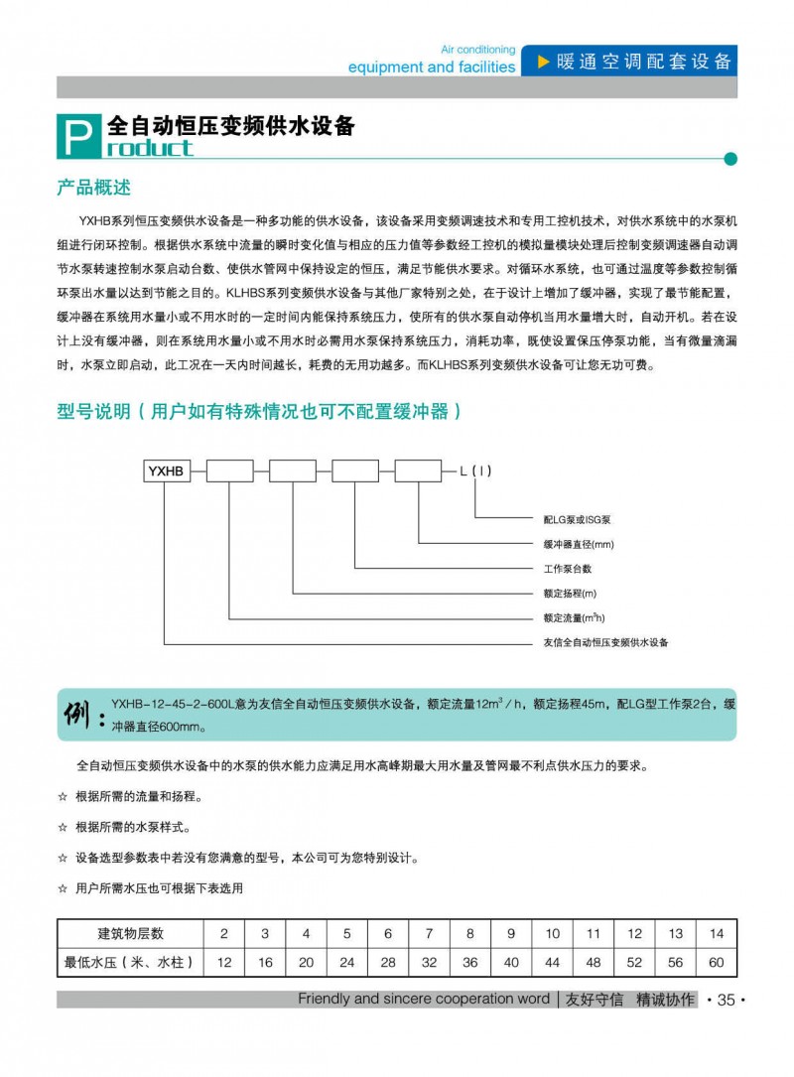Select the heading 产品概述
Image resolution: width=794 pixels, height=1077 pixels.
(x=94, y=188)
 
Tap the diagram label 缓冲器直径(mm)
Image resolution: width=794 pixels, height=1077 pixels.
(x=579, y=544)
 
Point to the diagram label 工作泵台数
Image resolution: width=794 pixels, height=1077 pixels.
(x=567, y=569)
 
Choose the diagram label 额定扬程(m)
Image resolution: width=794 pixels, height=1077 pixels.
(x=570, y=594)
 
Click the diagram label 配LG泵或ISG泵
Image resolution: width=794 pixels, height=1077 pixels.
(x=578, y=519)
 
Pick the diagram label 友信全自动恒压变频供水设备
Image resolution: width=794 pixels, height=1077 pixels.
(x=605, y=642)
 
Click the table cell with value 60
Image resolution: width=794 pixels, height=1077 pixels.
(x=717, y=962)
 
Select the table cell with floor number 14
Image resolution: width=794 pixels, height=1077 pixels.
(x=717, y=933)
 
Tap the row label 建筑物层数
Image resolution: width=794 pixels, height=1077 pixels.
(x=130, y=933)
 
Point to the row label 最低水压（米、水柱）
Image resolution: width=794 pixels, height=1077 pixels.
(x=130, y=962)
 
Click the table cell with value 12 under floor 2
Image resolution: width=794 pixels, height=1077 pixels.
(x=224, y=962)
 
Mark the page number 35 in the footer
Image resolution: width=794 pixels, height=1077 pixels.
(x=725, y=1000)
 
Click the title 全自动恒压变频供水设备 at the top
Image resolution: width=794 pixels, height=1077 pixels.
(x=230, y=127)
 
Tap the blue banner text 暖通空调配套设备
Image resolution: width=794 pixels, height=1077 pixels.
(x=644, y=61)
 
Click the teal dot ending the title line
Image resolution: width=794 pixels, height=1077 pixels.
(x=730, y=158)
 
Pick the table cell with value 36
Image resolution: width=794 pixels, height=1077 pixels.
(x=470, y=962)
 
